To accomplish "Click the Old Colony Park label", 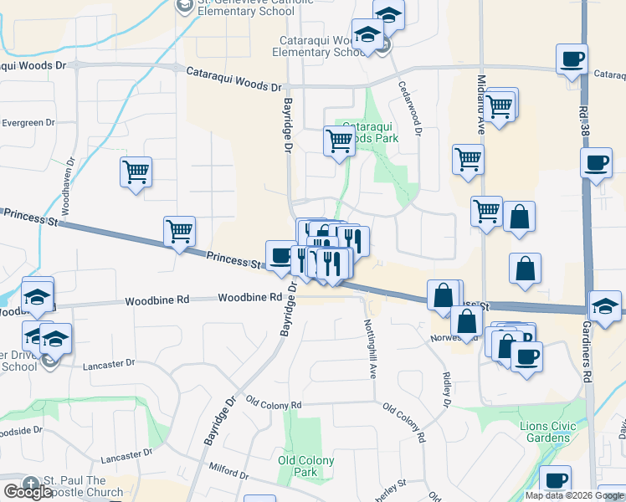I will pyautogui.click(x=305, y=466).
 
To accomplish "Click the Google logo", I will pyautogui.click(x=28, y=492).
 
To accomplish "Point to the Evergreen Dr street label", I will pyautogui.click(x=28, y=122).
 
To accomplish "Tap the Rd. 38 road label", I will pyautogui.click(x=583, y=121).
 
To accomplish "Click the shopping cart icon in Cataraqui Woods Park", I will pyautogui.click(x=339, y=141).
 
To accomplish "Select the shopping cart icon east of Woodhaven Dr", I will pyautogui.click(x=136, y=172).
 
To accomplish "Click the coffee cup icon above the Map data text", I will pyautogui.click(x=554, y=480).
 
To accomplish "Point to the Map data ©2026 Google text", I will pyautogui.click(x=574, y=495).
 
